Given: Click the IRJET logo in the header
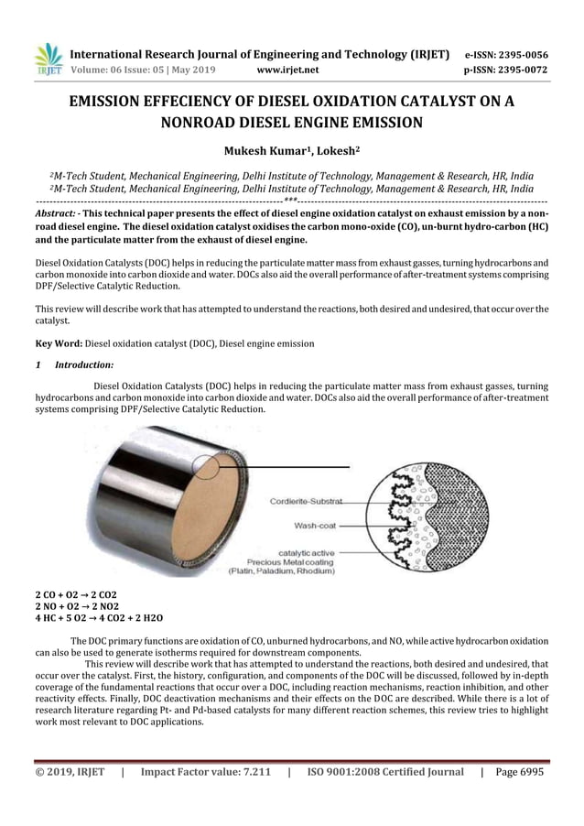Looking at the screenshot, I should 48,59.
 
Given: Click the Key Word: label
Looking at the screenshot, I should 59,343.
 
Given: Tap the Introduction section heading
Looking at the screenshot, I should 84,364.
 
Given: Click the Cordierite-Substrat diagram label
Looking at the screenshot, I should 306,501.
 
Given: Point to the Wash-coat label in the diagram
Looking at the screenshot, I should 318,526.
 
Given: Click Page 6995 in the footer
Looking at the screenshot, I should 519,772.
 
